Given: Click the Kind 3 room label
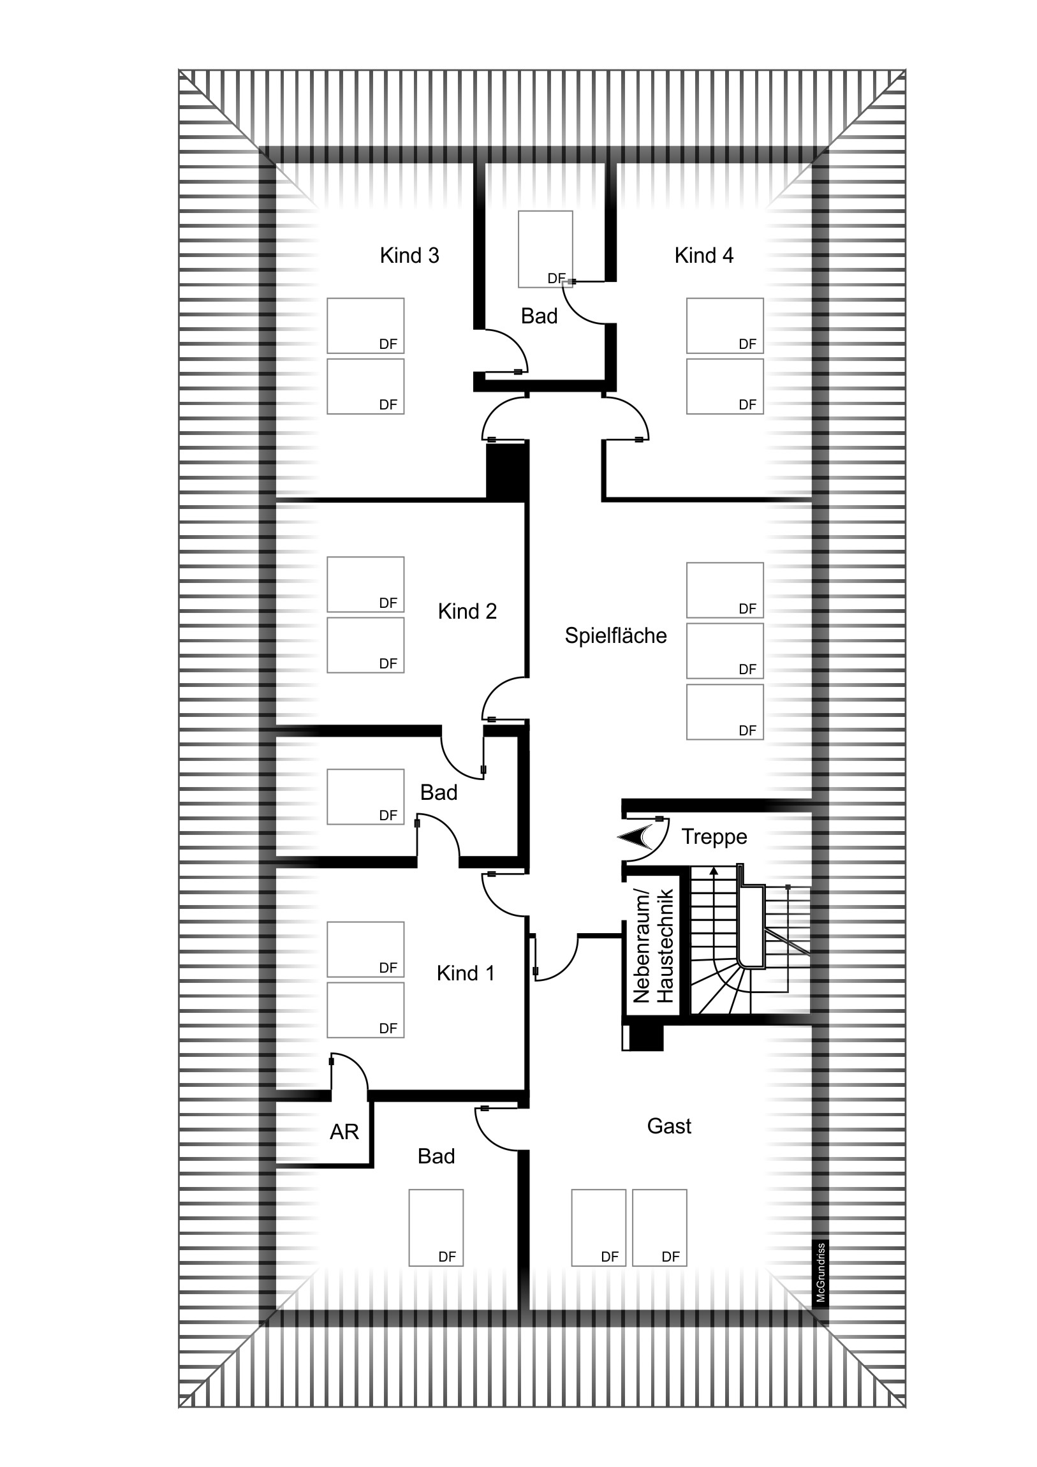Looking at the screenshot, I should pos(409,256).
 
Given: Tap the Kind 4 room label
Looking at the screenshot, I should pos(703,256).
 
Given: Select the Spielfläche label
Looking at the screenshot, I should pos(615,636).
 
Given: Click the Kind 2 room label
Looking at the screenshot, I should pos(467,612).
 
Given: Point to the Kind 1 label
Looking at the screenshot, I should pos(465,973).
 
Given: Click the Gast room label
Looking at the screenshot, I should pos(669,1126).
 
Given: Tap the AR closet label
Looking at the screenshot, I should pos(344,1132).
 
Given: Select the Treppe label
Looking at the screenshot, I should pos(714,837).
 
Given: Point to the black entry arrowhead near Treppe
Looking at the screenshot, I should pos(634,837).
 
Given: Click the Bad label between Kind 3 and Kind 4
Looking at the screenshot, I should pos(539,316).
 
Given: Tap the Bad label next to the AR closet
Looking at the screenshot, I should pos(436,1156).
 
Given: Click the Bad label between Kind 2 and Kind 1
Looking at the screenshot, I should pos(438,793).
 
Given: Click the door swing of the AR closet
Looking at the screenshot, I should pos(351,1074).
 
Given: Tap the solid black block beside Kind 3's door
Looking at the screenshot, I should pos(506,471).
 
